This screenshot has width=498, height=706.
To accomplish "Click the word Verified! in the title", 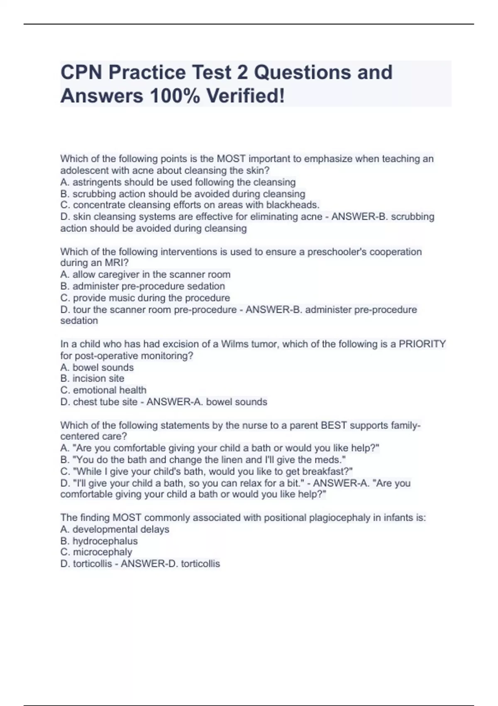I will tap(246, 96).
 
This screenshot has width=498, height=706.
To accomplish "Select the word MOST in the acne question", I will tap(231, 159).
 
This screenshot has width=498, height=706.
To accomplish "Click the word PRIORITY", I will tap(422, 344).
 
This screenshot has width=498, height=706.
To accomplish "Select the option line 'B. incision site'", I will tap(92, 378).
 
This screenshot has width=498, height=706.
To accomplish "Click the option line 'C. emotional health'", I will tap(103, 390).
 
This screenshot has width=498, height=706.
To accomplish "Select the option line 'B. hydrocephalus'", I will tap(99, 541).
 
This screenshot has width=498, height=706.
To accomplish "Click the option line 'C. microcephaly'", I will tap(96, 552).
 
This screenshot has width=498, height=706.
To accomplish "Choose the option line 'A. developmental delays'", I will tap(115, 529).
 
